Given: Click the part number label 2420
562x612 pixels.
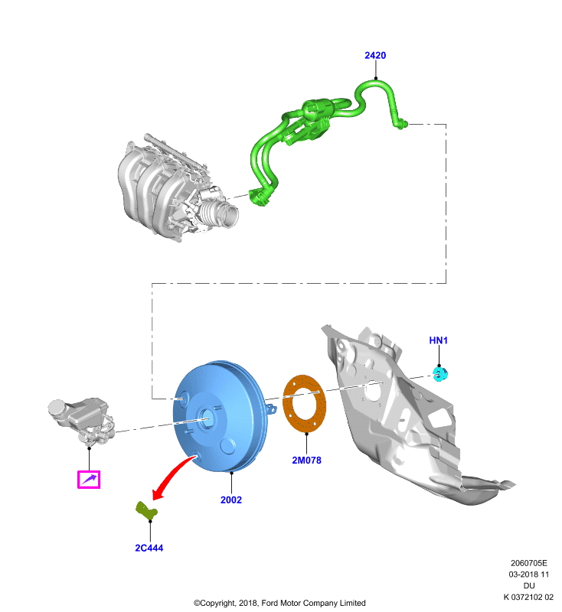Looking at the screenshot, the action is point(375,55).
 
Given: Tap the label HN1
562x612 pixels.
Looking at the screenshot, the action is point(438,340).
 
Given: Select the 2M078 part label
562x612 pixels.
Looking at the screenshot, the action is point(306,461).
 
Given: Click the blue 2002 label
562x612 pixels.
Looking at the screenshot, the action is point(231,500).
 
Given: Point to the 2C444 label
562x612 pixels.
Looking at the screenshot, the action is point(149,548).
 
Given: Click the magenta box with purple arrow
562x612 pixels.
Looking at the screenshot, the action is point(89,480).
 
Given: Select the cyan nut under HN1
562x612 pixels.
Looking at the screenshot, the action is point(440,374).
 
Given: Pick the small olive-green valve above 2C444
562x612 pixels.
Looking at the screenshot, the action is point(146,511).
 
